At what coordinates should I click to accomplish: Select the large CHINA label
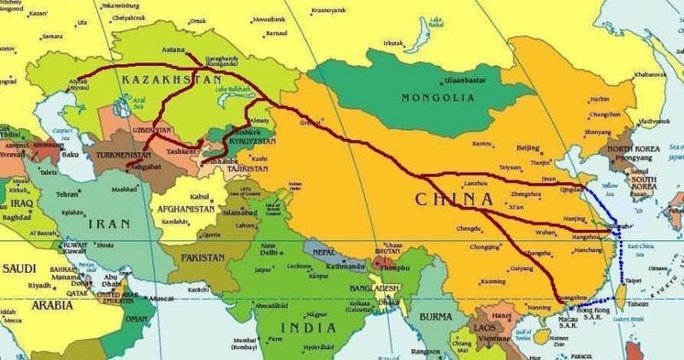[452, 199]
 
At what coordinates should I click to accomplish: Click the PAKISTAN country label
[203, 257]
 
